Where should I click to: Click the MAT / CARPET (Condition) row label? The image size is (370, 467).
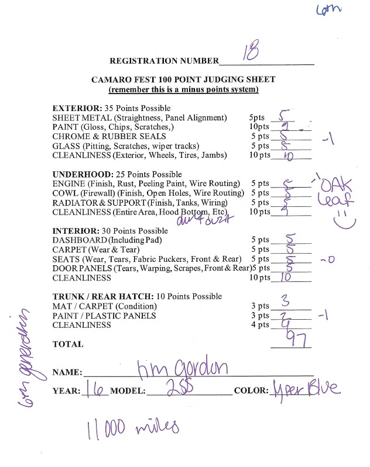tap(105, 306)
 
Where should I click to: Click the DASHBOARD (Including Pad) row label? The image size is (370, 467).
tap(107, 240)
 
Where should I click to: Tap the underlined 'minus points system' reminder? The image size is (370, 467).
tap(183, 90)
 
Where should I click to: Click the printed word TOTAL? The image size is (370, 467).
tap(68, 345)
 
